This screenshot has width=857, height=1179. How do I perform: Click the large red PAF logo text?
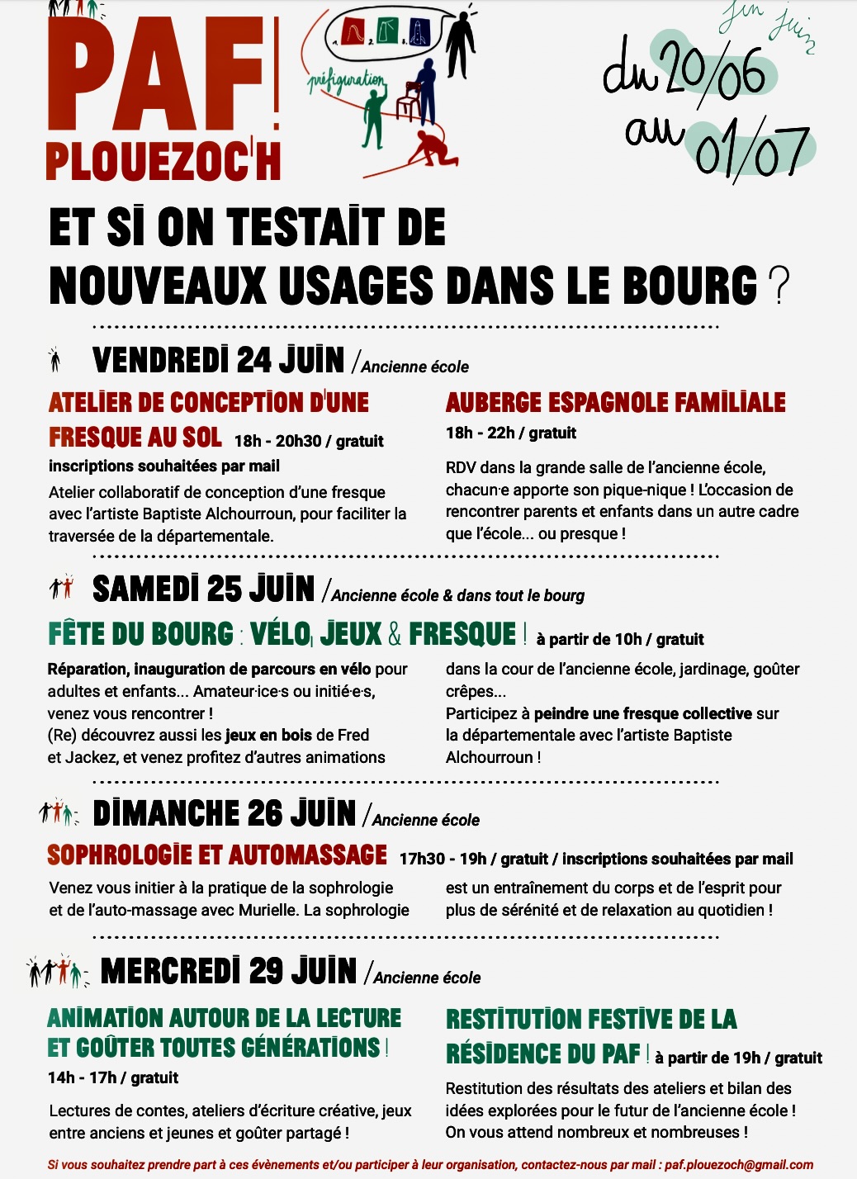pyautogui.click(x=157, y=74)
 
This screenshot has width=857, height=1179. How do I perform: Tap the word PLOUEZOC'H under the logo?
pyautogui.click(x=163, y=162)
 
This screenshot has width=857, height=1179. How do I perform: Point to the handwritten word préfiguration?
pyautogui.click(x=347, y=83)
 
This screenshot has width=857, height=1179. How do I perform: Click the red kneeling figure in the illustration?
pyautogui.click(x=429, y=149)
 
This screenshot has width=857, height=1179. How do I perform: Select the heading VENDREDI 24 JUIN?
pyautogui.click(x=218, y=361)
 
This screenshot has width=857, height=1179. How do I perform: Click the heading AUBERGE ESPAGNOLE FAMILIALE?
pyautogui.click(x=615, y=403)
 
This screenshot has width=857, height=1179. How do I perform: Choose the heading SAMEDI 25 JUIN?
pyautogui.click(x=203, y=589)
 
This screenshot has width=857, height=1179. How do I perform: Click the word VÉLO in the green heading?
pyautogui.click(x=281, y=634)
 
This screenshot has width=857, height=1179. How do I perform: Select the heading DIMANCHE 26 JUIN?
pyautogui.click(x=224, y=813)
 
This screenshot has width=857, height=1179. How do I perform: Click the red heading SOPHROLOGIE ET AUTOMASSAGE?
pyautogui.click(x=217, y=855)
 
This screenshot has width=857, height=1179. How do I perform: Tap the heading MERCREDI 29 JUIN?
pyautogui.click(x=228, y=971)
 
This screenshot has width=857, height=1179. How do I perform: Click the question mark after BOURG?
pyautogui.click(x=778, y=286)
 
